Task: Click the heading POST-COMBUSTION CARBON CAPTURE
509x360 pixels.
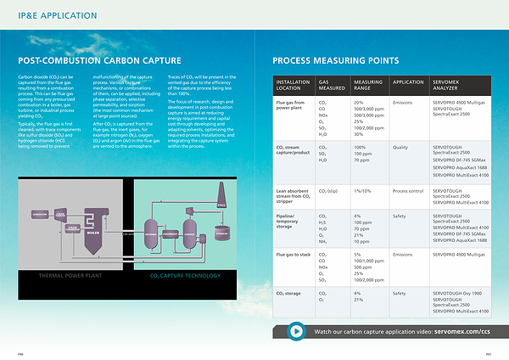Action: [x=99, y=60]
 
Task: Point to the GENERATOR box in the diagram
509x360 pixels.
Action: [x=39, y=215]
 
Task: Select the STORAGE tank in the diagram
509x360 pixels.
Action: [x=222, y=233]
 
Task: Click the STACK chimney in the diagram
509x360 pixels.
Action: [x=222, y=200]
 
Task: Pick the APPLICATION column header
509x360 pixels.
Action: [x=408, y=82]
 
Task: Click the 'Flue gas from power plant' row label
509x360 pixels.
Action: [x=290, y=105]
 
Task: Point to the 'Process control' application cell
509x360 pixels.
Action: [x=408, y=191]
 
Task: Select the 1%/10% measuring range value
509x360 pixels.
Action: [x=364, y=191]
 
